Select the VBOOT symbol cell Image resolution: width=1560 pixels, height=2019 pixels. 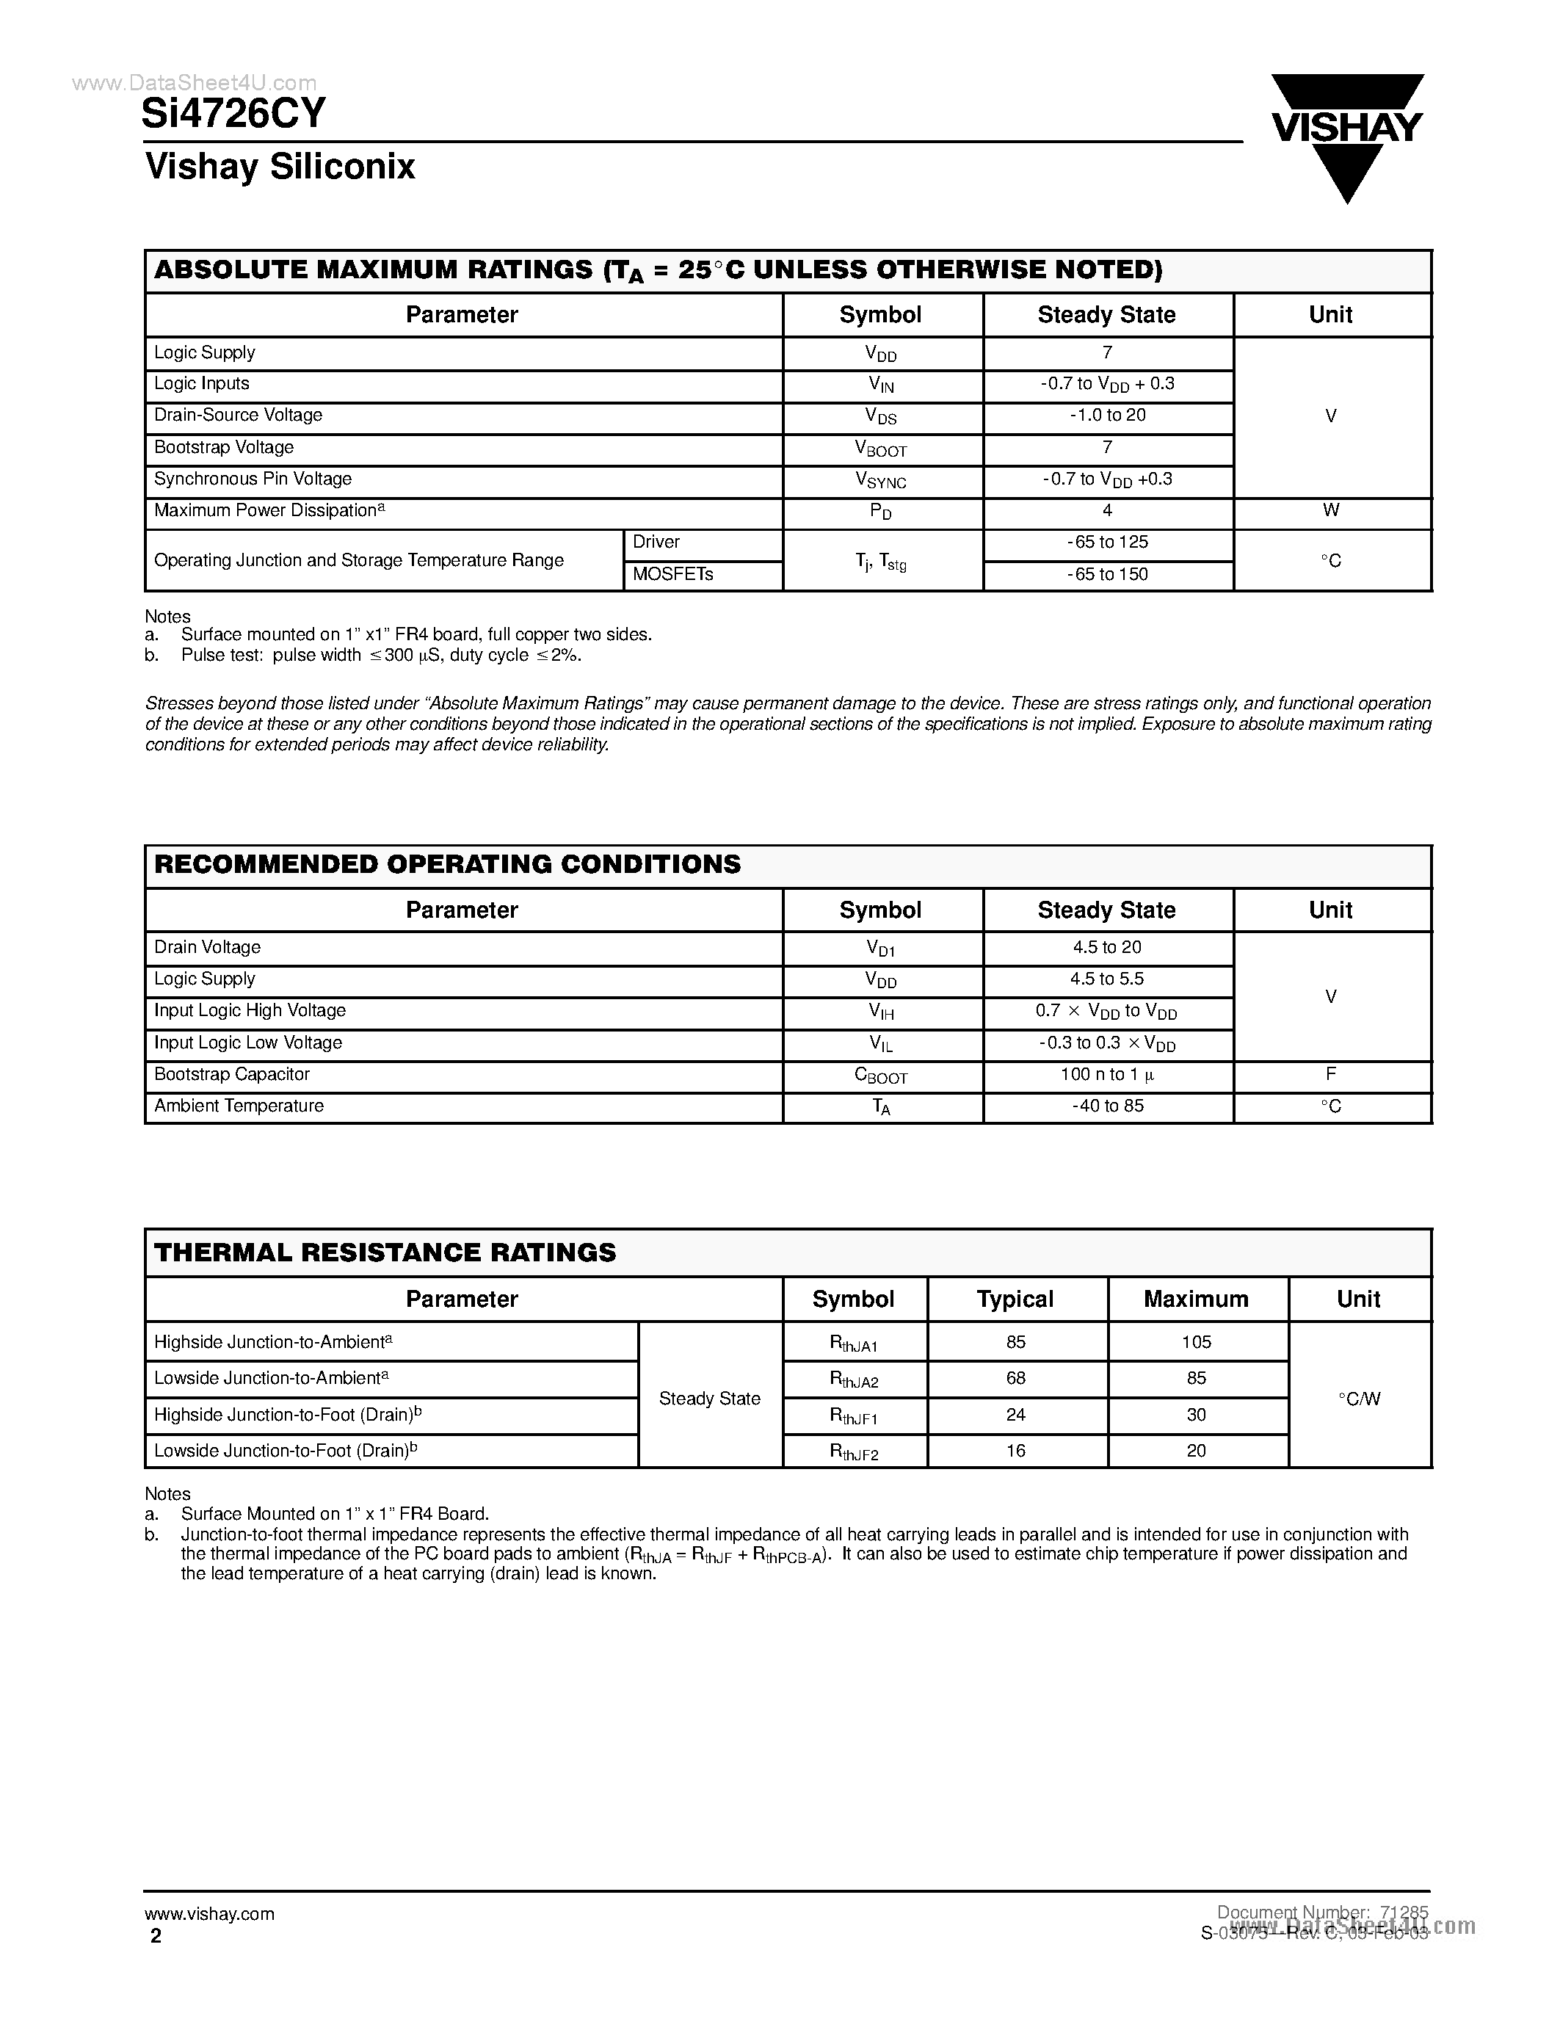(x=881, y=449)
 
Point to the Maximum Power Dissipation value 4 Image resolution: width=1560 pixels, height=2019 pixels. (x=1107, y=510)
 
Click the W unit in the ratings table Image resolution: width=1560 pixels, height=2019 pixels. (x=1331, y=510)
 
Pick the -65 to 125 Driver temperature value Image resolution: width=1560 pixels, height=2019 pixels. (x=1107, y=543)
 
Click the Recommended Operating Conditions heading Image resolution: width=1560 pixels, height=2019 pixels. (x=447, y=864)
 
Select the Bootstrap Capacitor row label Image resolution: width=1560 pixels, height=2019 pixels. (x=232, y=1074)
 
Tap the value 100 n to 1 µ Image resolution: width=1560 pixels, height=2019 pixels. (x=1107, y=1075)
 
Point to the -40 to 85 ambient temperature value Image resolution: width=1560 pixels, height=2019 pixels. (x=1107, y=1106)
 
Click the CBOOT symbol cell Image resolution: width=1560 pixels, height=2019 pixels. (x=881, y=1076)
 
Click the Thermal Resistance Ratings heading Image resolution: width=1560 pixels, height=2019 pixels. (x=385, y=1253)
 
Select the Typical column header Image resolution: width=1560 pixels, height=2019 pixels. (x=1015, y=1299)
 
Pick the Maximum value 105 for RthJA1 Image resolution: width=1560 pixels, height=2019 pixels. (x=1196, y=1342)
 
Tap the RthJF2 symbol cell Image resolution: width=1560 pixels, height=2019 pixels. (x=853, y=1451)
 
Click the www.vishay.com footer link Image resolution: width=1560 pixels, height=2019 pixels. (x=210, y=1913)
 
